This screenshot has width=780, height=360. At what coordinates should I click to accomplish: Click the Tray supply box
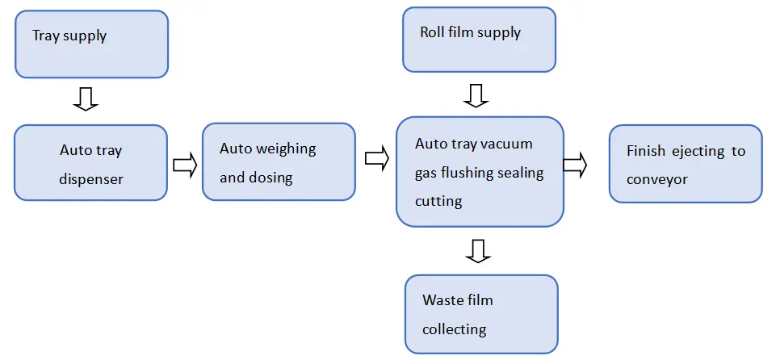[x=91, y=44]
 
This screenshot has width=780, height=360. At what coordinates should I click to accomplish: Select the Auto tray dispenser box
[x=90, y=164]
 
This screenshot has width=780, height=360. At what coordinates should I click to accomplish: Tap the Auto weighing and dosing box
[x=278, y=162]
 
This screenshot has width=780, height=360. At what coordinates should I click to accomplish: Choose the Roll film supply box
[x=479, y=40]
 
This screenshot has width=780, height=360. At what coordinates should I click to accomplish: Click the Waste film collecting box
[x=481, y=314]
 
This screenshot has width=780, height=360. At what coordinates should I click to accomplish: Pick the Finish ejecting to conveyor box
[x=685, y=163]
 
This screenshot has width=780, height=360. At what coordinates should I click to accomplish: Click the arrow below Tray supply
[x=85, y=98]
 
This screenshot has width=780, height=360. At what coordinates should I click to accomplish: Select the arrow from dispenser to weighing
[x=185, y=165]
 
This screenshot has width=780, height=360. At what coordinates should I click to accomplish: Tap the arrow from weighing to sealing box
[x=377, y=159]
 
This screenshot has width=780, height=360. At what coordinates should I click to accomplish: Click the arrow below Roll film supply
[x=476, y=96]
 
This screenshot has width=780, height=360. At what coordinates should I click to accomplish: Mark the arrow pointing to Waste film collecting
[x=479, y=252]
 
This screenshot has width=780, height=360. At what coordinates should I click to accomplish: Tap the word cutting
[x=438, y=201]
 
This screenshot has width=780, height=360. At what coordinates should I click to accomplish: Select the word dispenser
[x=90, y=178]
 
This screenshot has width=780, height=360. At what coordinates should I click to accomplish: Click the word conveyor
[x=657, y=179]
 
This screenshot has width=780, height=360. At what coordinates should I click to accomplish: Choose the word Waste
[x=442, y=300]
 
